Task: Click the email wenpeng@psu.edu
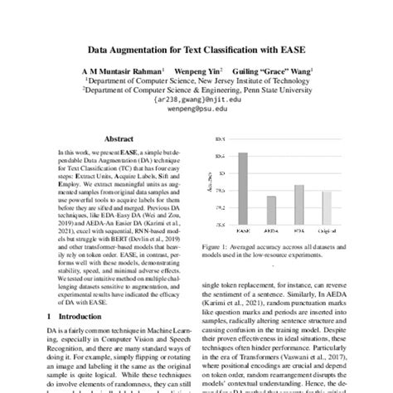(x=196, y=108)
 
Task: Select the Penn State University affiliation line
(x=196, y=90)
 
